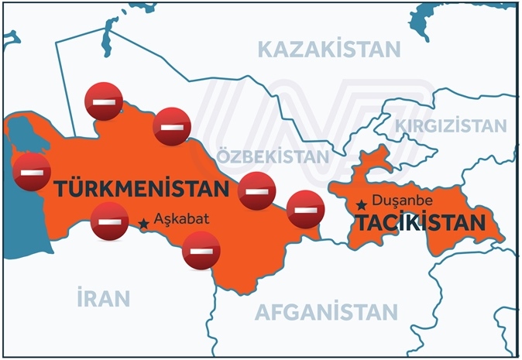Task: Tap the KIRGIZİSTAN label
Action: [451, 125]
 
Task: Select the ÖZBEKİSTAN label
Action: [273, 156]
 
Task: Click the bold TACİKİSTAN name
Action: [420, 225]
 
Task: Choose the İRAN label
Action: [103, 297]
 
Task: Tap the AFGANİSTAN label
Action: [326, 313]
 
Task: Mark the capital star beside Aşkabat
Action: [143, 224]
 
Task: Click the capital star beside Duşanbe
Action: [362, 205]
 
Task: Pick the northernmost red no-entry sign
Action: [104, 101]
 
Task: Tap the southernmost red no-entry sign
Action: [201, 252]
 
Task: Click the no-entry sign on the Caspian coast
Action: [32, 172]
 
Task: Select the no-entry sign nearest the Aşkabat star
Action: [110, 221]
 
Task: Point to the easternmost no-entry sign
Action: [305, 208]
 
